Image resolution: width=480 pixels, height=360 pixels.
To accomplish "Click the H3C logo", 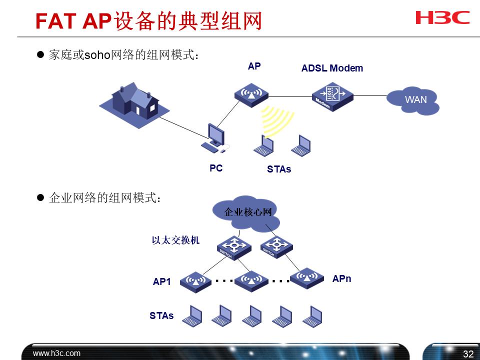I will pos(442,18).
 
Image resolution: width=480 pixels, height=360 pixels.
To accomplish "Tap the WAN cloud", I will pos(413,100).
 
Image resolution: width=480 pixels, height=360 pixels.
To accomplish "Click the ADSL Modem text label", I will pos(332,68).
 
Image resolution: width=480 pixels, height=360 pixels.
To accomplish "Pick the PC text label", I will pos(216,168).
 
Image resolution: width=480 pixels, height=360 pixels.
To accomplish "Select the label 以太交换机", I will pos(175,240).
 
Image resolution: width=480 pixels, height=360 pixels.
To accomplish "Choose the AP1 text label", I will pos(162,282).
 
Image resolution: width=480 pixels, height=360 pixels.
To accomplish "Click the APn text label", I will pos(341,279).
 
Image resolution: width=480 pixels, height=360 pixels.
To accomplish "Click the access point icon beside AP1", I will pos(195,282).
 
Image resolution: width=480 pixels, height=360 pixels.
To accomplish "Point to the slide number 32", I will pos(468,354).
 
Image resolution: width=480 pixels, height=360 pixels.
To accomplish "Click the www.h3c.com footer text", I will pos(56,353).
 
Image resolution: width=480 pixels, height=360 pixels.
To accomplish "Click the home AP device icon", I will pos(251,94).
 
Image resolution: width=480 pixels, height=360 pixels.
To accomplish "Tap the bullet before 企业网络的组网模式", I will pos(41,198).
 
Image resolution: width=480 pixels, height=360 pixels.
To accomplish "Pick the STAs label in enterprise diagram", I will pos(161,316).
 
